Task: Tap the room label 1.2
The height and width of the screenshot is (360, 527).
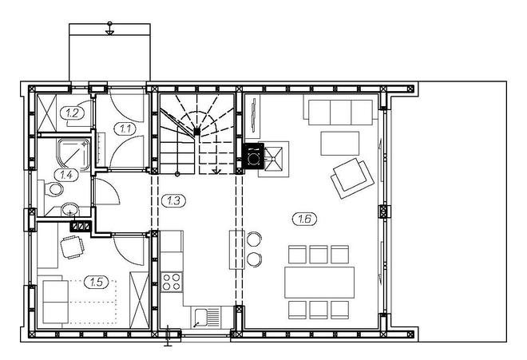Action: [x=73, y=113]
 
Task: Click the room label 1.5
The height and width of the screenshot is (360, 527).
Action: [x=97, y=282]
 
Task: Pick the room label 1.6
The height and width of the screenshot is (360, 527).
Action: [x=304, y=218]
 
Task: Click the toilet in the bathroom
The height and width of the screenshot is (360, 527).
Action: [x=54, y=190]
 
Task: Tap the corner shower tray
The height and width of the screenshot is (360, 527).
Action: [x=74, y=152]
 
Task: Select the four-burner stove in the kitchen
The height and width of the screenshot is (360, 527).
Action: [x=172, y=281]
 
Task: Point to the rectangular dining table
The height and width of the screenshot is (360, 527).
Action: [x=319, y=282]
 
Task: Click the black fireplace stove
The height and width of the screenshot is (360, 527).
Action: [x=254, y=156]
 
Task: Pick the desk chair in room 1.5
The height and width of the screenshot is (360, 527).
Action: [x=72, y=247]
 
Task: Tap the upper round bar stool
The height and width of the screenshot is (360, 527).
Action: [x=255, y=239]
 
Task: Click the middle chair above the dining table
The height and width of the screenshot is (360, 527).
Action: [x=319, y=255]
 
